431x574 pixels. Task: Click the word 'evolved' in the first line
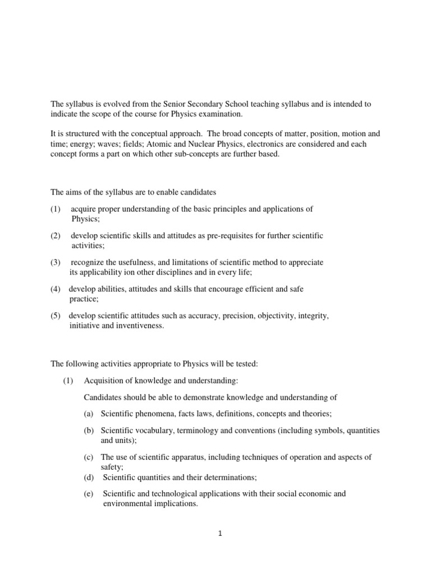(111, 104)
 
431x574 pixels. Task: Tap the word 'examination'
(223, 114)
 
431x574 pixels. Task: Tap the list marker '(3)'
(55, 262)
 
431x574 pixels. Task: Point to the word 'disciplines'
(168, 272)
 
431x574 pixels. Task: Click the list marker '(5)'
(55, 316)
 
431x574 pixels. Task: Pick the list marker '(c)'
(88, 457)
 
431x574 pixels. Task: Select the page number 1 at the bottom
(221, 534)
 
